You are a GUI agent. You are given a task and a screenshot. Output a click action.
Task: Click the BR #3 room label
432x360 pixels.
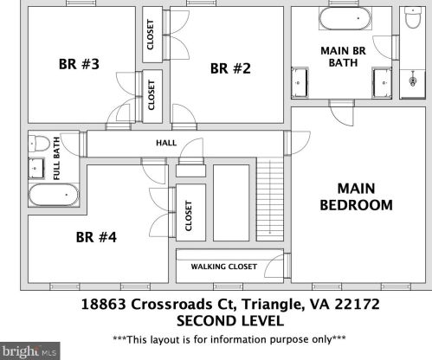pyautogui.click(x=79, y=64)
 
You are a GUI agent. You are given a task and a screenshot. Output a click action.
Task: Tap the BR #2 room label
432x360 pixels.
pyautogui.click(x=230, y=68)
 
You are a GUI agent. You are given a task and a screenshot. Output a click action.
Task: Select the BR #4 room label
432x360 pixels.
pyautogui.click(x=96, y=237)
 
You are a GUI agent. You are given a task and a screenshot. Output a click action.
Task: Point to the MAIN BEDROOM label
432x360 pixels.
pyautogui.click(x=357, y=196)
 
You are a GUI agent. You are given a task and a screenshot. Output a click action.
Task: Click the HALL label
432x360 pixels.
pyautogui.click(x=166, y=143)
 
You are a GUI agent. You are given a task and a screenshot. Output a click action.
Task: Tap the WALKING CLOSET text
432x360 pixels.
pyautogui.click(x=224, y=267)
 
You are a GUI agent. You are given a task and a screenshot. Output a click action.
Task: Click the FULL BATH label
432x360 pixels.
pyautogui.click(x=56, y=158)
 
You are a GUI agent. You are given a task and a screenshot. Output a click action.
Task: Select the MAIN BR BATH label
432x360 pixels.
pyautogui.click(x=343, y=56)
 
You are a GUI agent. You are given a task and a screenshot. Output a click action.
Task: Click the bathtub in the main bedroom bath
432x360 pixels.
pyautogui.click(x=345, y=18)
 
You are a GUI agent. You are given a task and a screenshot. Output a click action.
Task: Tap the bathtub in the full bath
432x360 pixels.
pyautogui.click(x=54, y=195)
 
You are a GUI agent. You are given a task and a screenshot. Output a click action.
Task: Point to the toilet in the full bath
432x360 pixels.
pyautogui.click(x=39, y=144)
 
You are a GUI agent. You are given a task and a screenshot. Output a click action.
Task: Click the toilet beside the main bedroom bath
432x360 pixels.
pyautogui.click(x=413, y=17)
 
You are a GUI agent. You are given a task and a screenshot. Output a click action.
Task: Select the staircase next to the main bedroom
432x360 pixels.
pyautogui.click(x=270, y=199)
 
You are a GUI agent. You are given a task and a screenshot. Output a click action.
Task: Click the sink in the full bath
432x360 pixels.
pyautogui.click(x=36, y=168)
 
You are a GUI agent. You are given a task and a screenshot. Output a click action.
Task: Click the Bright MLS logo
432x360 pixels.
pyautogui.click(x=30, y=351)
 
